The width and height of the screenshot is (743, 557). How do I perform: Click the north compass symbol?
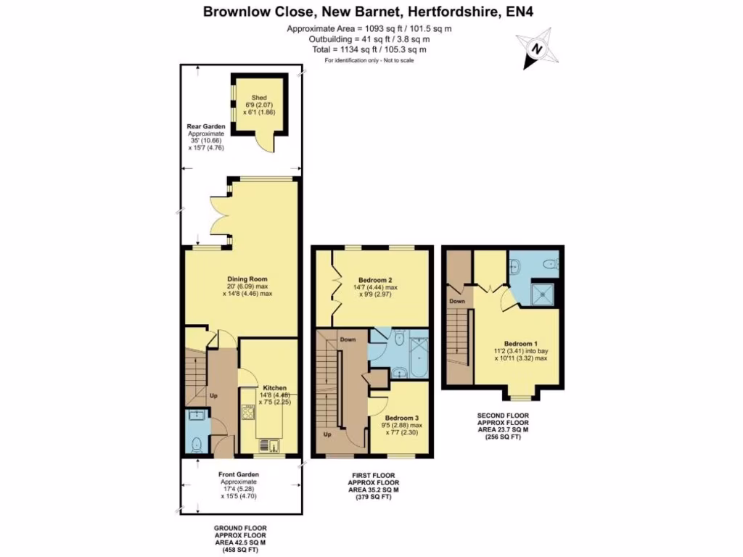tap(536, 50)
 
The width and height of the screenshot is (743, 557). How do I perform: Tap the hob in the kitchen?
tap(248, 413)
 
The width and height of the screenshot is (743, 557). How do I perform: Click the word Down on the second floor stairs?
tap(456, 301)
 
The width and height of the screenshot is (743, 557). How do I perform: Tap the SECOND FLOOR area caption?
tap(501, 428)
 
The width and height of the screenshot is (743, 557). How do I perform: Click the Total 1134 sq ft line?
tap(371, 50)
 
